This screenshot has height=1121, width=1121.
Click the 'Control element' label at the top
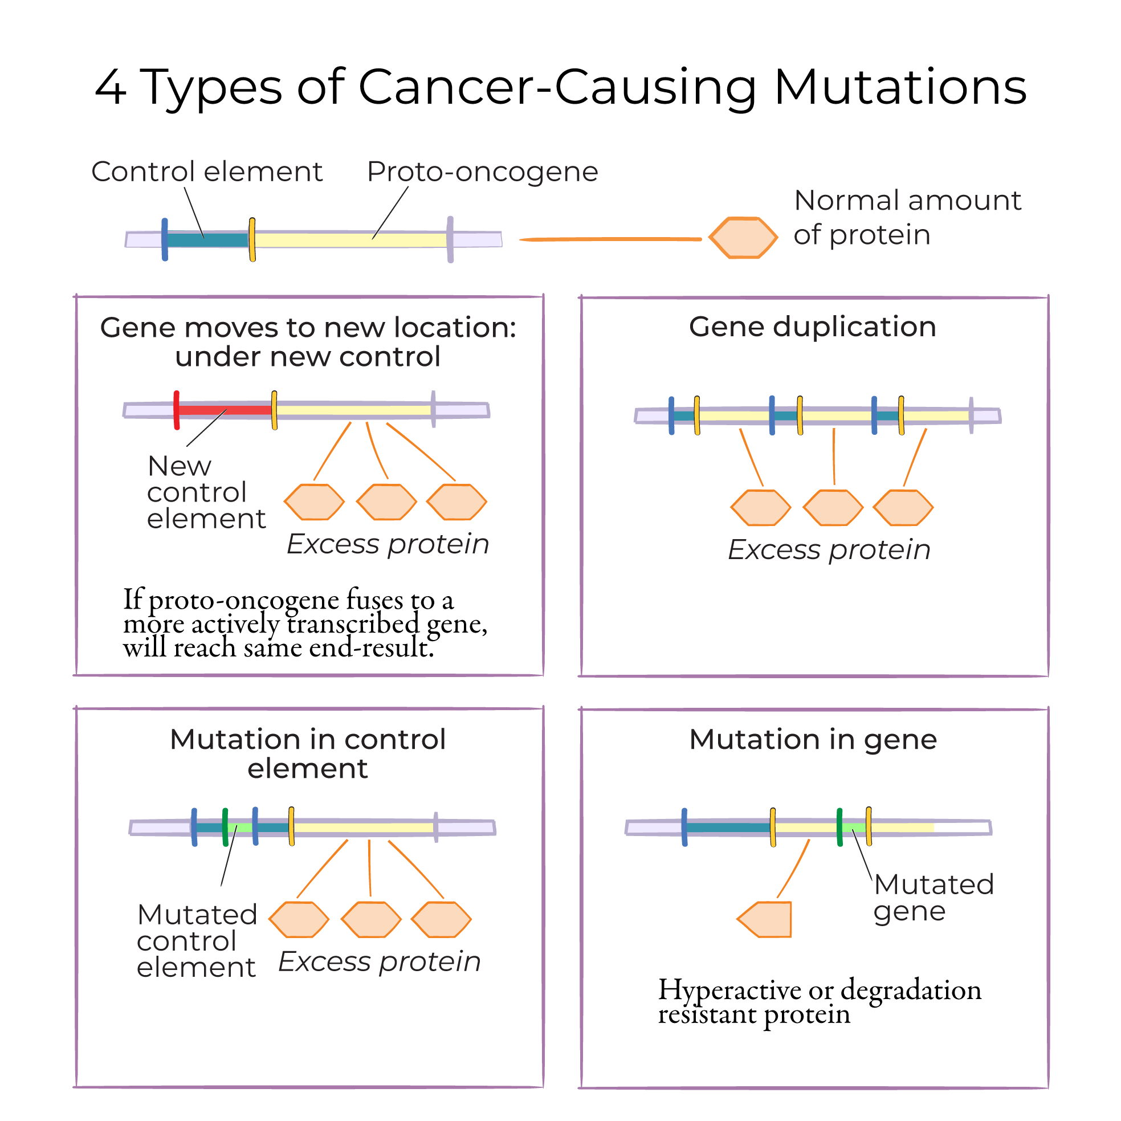point(206,172)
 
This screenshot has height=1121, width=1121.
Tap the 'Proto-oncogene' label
point(482,172)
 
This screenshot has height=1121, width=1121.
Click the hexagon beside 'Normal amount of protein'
point(743,237)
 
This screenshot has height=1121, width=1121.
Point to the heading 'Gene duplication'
point(812,327)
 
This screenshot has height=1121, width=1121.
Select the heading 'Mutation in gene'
point(812,739)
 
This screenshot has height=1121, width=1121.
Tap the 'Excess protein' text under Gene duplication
point(829,549)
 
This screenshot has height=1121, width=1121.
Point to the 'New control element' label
point(205,492)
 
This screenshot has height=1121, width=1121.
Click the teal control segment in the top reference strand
point(207,239)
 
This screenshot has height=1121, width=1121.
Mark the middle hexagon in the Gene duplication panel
point(833,508)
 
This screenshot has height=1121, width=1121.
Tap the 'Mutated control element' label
point(197,941)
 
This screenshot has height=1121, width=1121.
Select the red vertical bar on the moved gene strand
point(177,410)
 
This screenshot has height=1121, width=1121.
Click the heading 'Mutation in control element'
point(308,754)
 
